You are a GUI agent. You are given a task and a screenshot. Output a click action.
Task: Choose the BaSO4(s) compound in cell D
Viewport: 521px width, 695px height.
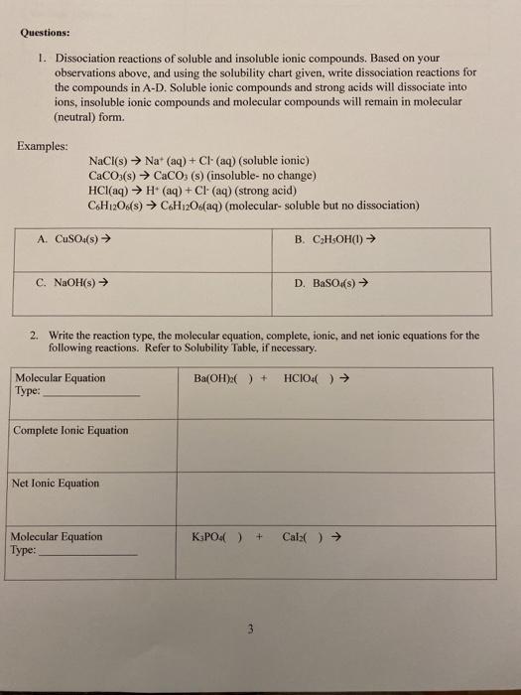point(332,282)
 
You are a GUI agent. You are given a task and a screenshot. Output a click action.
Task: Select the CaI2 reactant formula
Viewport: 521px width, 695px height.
point(297,537)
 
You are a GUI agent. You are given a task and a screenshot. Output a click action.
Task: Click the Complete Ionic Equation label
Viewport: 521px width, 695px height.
point(70,430)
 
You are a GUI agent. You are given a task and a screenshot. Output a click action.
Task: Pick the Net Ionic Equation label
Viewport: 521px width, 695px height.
point(57,484)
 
